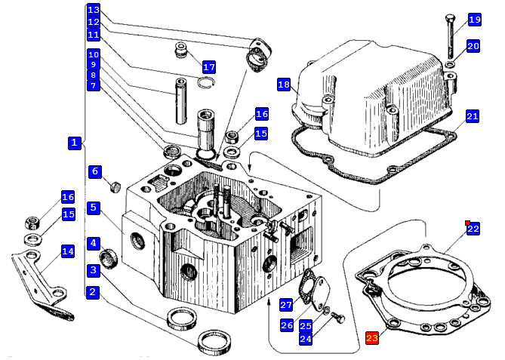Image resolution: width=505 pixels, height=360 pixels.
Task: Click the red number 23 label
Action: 371,338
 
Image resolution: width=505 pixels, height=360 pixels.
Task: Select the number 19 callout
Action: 474,20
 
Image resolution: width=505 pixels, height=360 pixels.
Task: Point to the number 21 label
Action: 472,116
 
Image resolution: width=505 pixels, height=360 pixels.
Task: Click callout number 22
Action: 473,229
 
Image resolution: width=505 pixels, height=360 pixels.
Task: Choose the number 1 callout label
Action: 74,142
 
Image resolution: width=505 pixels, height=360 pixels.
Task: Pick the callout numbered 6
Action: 95,172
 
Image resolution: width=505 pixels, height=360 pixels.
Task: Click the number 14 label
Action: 68,251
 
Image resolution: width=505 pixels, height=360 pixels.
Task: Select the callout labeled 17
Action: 208,67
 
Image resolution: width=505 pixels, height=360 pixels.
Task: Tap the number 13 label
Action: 93,10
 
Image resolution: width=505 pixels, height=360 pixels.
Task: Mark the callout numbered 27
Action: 286,305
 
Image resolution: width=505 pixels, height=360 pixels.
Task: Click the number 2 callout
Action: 92,292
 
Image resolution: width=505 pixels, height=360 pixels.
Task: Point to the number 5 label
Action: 92,208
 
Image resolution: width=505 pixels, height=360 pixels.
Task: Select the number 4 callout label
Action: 92,243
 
